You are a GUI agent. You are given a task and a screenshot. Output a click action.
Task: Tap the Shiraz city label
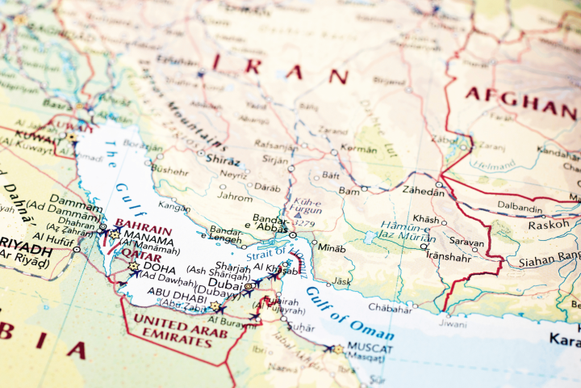click(224, 159)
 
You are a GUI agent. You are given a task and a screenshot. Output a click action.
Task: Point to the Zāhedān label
click(424, 192)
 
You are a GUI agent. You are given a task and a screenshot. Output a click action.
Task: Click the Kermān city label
click(359, 150)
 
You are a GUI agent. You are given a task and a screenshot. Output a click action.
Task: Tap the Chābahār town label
click(390, 308)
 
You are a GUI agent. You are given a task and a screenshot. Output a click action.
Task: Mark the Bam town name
click(349, 191)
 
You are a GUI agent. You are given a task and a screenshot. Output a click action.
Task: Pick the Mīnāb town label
click(331, 247)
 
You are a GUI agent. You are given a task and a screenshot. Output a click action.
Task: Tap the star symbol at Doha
click(133, 266)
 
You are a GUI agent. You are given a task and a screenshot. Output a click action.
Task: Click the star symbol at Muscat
click(338, 349)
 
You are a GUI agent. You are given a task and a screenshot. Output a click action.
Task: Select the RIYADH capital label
click(27, 243)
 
